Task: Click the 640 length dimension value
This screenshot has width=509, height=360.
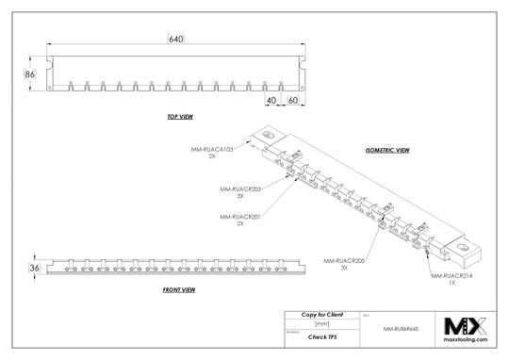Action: click(175, 39)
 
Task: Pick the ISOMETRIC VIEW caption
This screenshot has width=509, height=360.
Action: click(387, 150)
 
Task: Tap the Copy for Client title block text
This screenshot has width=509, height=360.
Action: click(322, 313)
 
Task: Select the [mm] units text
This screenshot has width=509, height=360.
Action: click(321, 322)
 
